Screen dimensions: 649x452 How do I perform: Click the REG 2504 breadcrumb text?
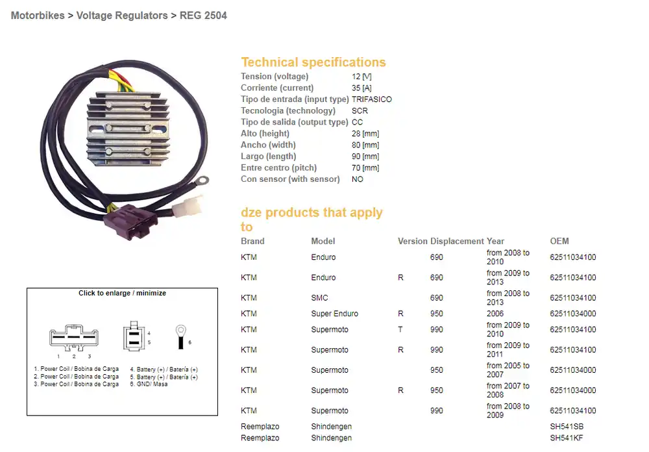pyautogui.click(x=203, y=16)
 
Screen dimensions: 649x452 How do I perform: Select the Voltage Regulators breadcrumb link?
pyautogui.click(x=122, y=16)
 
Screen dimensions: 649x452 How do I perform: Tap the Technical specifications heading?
pyautogui.click(x=313, y=62)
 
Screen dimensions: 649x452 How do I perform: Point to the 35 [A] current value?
pyautogui.click(x=361, y=88)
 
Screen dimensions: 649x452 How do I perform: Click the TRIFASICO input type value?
pyautogui.click(x=372, y=99)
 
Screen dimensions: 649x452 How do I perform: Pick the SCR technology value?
pyautogui.click(x=360, y=110)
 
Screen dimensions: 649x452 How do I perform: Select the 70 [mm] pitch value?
pyautogui.click(x=365, y=168)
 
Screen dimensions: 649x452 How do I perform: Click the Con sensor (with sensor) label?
pyautogui.click(x=290, y=179)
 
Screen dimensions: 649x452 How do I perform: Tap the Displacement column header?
pyautogui.click(x=457, y=241)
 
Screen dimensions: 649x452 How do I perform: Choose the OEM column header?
pyautogui.click(x=559, y=241)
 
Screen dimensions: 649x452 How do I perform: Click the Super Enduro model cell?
pyautogui.click(x=334, y=314)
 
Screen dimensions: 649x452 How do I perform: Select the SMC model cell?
pyautogui.click(x=319, y=298)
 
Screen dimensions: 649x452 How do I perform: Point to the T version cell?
pyautogui.click(x=400, y=330)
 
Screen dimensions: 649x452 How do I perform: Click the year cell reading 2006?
pyautogui.click(x=495, y=314)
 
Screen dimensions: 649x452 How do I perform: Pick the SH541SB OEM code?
pyautogui.click(x=567, y=427)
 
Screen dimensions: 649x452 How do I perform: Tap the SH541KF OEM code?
pyautogui.click(x=567, y=438)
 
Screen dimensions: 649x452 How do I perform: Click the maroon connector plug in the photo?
pyautogui.click(x=131, y=221)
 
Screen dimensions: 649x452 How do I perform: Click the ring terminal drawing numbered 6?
pyautogui.click(x=180, y=337)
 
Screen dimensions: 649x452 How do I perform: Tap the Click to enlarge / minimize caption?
pyautogui.click(x=122, y=294)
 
